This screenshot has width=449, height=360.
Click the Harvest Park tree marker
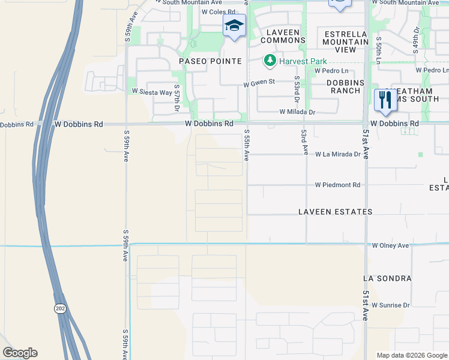click(270, 61)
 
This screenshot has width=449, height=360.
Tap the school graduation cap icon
click(234, 26)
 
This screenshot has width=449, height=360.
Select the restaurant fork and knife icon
click(384, 100)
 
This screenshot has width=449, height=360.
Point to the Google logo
click(20, 353)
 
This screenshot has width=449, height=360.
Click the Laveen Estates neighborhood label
click(336, 212)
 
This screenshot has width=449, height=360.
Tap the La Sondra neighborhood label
click(387, 279)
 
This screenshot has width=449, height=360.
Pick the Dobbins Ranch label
click(345, 86)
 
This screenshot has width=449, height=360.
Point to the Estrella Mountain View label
click(345, 42)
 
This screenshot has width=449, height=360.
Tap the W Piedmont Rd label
click(337, 185)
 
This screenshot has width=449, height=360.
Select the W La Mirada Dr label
click(337, 154)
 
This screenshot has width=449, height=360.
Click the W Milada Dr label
click(297, 112)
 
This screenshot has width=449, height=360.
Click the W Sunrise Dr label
click(390, 305)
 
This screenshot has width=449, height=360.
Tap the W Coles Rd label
click(218, 11)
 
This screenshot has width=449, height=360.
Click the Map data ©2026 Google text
click(412, 355)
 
